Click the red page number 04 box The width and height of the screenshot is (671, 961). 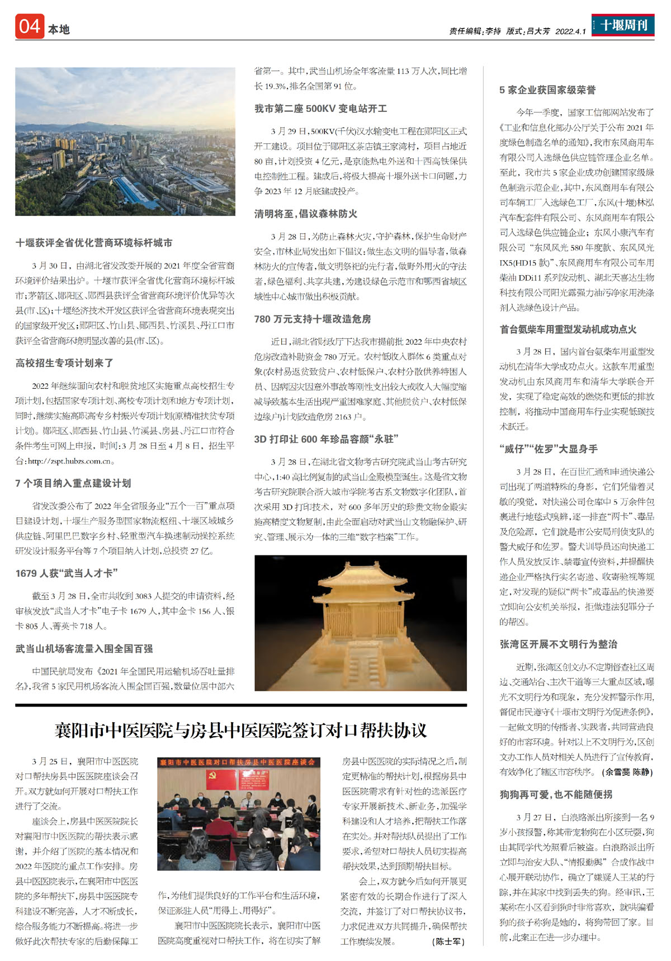point(29,27)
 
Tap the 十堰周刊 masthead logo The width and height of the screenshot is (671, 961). point(623,25)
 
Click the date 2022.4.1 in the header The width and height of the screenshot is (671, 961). point(570,31)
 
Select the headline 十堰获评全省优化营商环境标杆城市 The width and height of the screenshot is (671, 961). point(94,243)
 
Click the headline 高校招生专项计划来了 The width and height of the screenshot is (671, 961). point(65,363)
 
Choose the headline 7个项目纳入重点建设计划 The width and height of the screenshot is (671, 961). point(73,483)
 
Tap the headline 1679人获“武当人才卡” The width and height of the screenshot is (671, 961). point(67,573)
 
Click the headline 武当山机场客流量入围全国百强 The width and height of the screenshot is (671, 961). point(84,649)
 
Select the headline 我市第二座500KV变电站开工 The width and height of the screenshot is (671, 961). point(320,109)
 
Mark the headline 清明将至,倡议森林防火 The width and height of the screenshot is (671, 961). point(306,214)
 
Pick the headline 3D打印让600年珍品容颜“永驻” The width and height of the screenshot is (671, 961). point(326,439)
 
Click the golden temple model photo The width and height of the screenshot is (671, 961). point(360,623)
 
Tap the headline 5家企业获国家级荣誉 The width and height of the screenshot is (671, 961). point(547,90)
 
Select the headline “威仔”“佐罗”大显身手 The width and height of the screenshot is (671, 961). point(549,449)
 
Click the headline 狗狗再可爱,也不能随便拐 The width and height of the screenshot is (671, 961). point(556,794)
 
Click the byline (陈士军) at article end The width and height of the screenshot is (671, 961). point(448,941)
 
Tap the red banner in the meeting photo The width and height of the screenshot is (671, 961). point(238,762)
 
